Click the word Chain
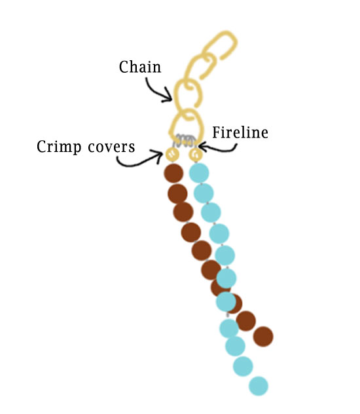pyautogui.click(x=140, y=67)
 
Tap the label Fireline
pyautogui.click(x=240, y=132)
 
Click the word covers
pyautogui.click(x=111, y=147)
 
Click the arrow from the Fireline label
pyautogui.click(x=219, y=149)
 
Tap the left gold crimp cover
pyautogui.click(x=172, y=154)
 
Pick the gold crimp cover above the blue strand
pyautogui.click(x=196, y=154)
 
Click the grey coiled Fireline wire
pyautogui.click(x=185, y=140)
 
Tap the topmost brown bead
pyautogui.click(x=173, y=173)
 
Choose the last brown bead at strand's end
pyautogui.click(x=263, y=337)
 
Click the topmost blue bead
pyautogui.click(x=199, y=173)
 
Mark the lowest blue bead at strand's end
pyautogui.click(x=259, y=386)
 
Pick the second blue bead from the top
pyautogui.click(x=204, y=193)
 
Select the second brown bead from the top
pyautogui.click(x=177, y=194)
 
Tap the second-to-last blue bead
pyautogui.click(x=243, y=366)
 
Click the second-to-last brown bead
pyautogui.click(x=246, y=321)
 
